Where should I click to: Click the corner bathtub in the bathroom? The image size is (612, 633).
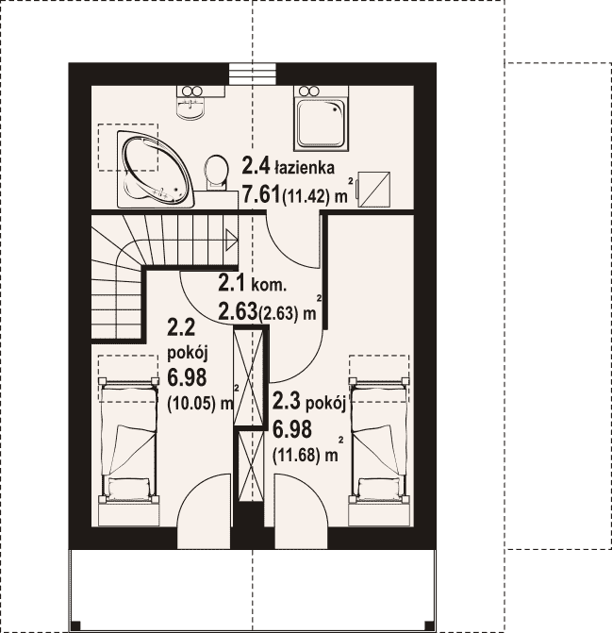156,169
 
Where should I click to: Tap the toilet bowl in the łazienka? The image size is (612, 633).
215,173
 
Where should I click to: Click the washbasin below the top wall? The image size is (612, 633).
190,106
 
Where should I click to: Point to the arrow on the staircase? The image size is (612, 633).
231,241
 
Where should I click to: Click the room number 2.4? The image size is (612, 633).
256,166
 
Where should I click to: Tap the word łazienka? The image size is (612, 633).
305,167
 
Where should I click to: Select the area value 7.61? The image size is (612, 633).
261,195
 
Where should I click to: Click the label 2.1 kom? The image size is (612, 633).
253,283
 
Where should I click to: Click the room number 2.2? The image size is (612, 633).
181,327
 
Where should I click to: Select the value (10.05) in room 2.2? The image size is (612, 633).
190,404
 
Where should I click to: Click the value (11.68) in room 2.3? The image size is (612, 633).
296,456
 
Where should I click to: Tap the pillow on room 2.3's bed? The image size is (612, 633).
380,487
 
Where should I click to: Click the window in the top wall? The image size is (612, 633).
253,74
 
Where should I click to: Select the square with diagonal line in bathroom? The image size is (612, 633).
374,190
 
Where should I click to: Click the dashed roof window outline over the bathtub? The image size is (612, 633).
128,147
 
